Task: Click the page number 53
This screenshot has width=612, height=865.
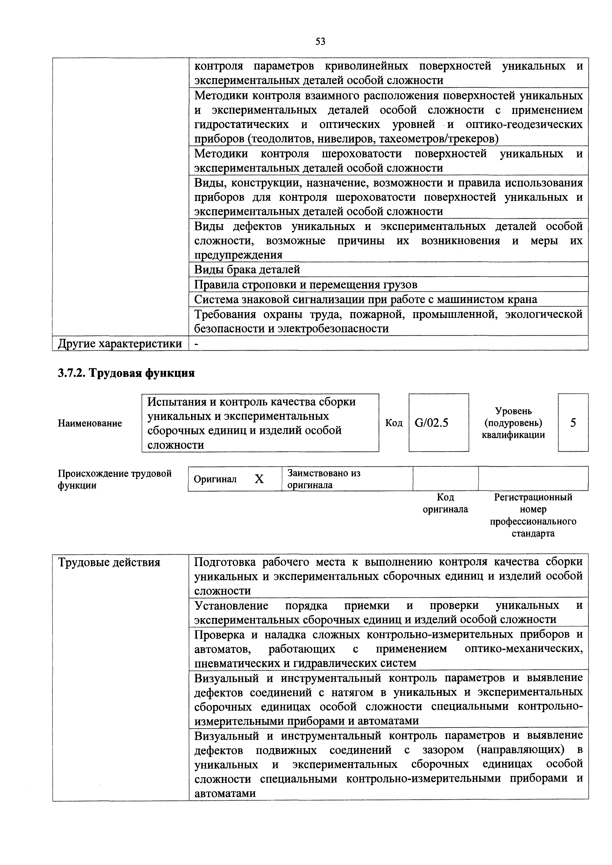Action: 320,41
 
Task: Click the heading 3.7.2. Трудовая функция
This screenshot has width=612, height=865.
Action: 126,373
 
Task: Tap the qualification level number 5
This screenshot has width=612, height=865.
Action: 573,423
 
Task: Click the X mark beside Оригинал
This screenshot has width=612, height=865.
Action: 259,479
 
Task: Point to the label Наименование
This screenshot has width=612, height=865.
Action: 90,423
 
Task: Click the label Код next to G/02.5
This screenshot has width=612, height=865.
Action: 394,423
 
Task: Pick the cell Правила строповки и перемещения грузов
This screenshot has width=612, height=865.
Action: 306,285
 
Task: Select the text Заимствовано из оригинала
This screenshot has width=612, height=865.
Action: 324,479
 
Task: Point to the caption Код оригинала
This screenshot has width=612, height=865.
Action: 445,503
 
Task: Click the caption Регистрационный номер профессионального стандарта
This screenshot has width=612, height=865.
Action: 533,515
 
